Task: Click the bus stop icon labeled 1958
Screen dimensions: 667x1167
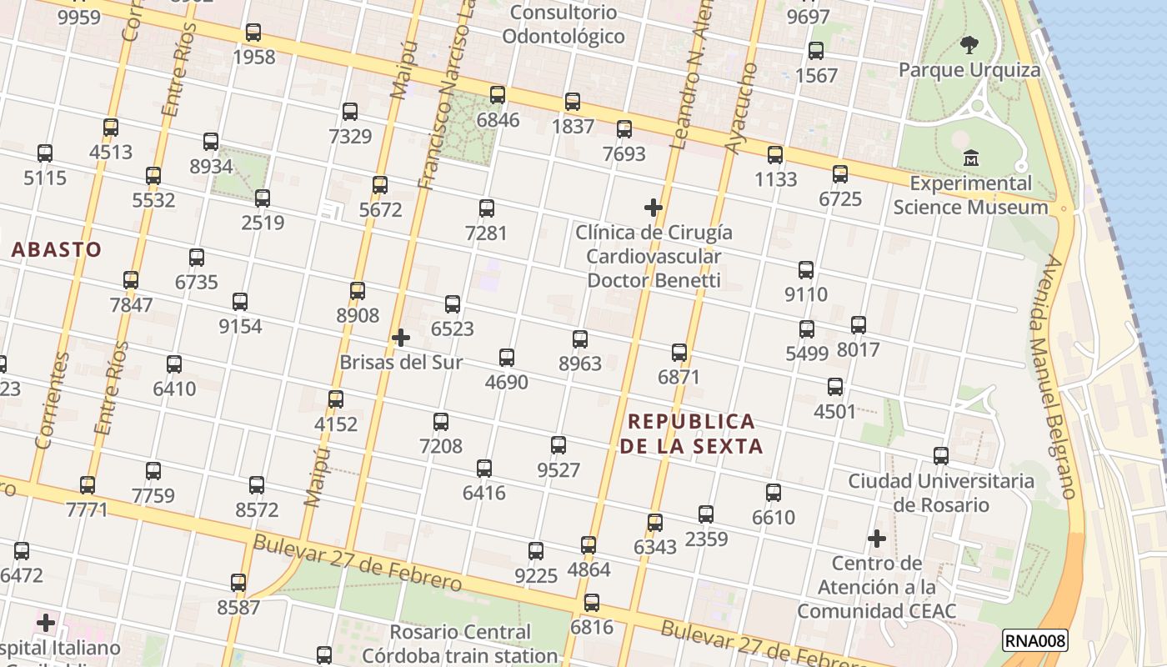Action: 253,33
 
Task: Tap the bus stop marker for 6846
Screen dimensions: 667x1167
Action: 498,95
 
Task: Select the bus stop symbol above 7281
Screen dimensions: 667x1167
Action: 487,208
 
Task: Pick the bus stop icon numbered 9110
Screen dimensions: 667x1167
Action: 806,270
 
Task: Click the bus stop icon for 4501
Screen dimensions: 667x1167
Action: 835,387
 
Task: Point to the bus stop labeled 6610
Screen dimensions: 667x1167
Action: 774,493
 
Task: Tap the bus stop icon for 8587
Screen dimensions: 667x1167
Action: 238,583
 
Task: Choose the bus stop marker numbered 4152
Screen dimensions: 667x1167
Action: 336,399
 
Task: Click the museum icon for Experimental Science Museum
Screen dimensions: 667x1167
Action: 971,158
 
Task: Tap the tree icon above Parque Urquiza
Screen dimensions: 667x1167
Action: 969,44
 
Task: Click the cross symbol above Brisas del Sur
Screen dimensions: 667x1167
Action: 401,338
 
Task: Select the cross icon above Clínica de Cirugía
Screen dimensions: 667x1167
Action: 654,207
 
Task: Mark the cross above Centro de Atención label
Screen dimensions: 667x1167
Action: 876,539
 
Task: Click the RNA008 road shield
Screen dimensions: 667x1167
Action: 1034,640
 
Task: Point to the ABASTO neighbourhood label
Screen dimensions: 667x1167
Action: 57,249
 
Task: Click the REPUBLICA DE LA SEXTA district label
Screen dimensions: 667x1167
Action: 692,434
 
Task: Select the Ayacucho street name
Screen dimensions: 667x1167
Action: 741,108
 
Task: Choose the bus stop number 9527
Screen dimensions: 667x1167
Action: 558,445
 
